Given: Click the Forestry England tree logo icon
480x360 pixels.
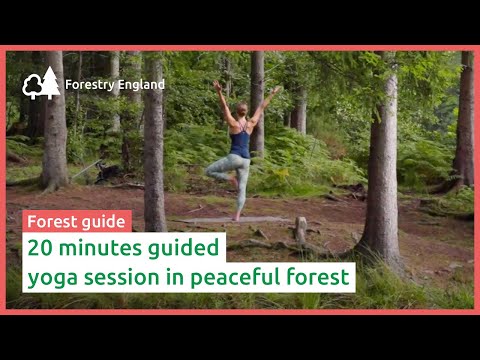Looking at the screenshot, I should pyautogui.click(x=41, y=84).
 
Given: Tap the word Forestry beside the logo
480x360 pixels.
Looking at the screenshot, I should pyautogui.click(x=87, y=85).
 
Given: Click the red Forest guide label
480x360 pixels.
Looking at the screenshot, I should pyautogui.click(x=76, y=221).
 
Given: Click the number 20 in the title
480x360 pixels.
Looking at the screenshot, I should pyautogui.click(x=40, y=247).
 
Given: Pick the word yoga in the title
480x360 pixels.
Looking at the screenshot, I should pyautogui.click(x=49, y=275).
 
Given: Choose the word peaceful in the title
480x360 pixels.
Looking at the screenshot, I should pyautogui.click(x=216, y=275).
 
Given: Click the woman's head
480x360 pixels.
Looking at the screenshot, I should pyautogui.click(x=241, y=108).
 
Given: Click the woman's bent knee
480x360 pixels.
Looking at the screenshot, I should pyautogui.click(x=212, y=170).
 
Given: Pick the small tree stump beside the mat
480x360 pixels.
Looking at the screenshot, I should pyautogui.click(x=300, y=231).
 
